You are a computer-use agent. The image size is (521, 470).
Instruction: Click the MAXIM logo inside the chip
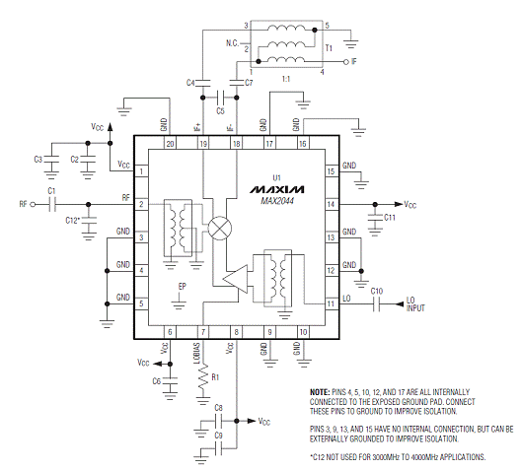[x=276, y=189]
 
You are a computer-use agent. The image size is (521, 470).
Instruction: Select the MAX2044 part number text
[x=277, y=201]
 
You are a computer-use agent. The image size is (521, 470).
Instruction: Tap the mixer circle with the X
[x=220, y=228]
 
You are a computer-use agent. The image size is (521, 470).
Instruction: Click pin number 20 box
[x=170, y=144]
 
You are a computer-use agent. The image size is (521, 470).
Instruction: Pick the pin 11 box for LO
[x=331, y=303]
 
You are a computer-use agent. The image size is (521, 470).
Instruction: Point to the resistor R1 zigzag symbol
[x=203, y=376]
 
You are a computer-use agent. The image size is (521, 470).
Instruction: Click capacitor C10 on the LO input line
[x=376, y=303]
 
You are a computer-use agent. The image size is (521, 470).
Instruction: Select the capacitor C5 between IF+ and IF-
[x=220, y=98]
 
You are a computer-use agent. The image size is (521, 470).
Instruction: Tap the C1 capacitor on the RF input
[x=52, y=204]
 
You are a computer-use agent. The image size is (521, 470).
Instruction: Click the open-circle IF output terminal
[x=345, y=62]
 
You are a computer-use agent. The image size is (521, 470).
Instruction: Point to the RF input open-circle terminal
[x=33, y=204]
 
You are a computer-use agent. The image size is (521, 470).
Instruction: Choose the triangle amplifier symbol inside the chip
[x=235, y=279]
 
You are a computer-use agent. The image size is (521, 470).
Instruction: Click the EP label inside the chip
[x=183, y=287]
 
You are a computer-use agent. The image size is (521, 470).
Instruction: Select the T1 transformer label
[x=329, y=48]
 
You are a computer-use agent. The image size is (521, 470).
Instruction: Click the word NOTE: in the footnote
[x=320, y=392]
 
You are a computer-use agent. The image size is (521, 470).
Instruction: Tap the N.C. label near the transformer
[x=232, y=43]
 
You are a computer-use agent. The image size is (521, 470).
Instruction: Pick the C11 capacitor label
[x=390, y=218]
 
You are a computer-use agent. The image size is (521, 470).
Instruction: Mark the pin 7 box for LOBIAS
[x=203, y=332]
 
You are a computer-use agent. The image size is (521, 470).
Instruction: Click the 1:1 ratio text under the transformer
[x=286, y=79]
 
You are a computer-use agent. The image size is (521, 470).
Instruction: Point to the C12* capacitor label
[x=72, y=221]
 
